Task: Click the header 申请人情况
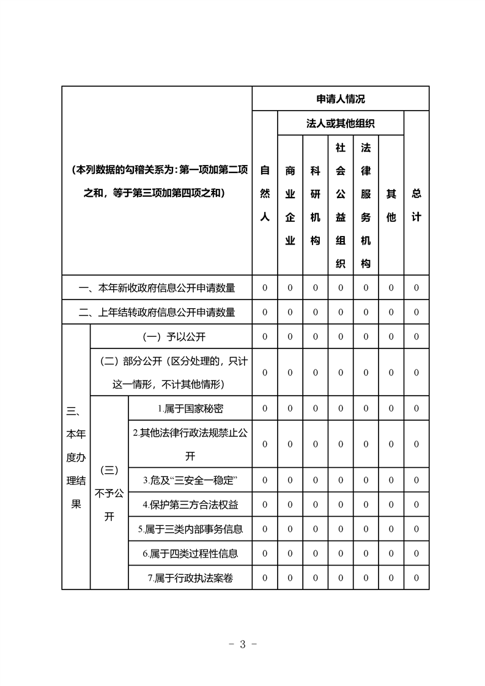click(341, 98)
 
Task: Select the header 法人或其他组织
click(341, 123)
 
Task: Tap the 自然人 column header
click(265, 193)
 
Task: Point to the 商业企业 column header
click(291, 205)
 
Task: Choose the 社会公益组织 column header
click(341, 205)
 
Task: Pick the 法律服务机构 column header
click(366, 205)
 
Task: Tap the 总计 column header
click(417, 205)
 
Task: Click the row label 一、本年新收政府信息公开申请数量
click(157, 287)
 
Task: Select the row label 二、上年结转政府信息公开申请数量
click(157, 312)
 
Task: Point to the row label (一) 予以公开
click(171, 337)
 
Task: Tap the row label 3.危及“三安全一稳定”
click(190, 480)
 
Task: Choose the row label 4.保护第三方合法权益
click(190, 504)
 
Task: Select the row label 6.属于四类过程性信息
click(190, 554)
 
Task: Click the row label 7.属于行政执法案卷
click(190, 578)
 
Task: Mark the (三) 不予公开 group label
click(109, 493)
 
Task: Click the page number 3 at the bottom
click(242, 644)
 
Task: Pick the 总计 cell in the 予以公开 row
click(417, 337)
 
